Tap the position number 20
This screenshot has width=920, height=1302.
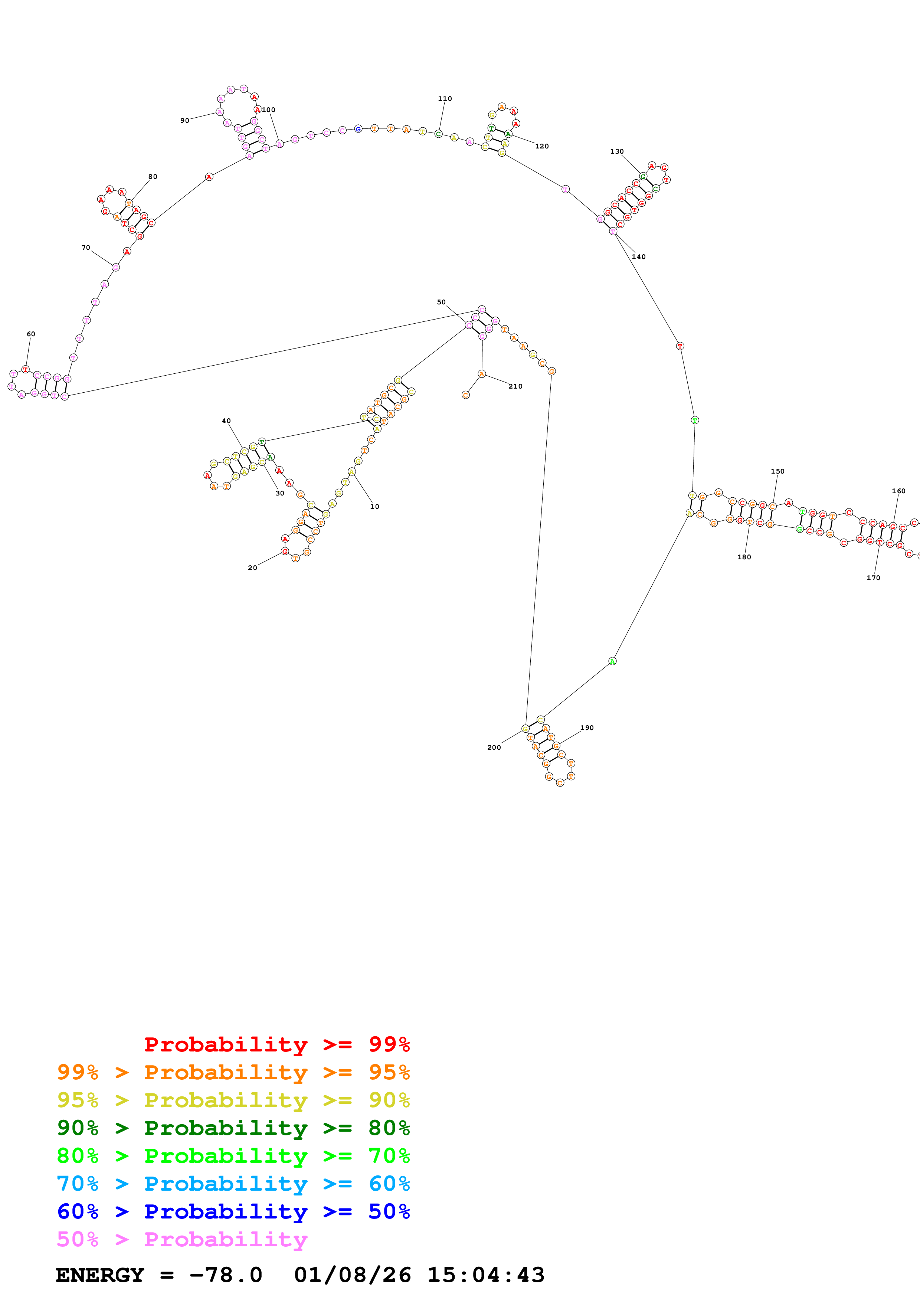pyautogui.click(x=252, y=567)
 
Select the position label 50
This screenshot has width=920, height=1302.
pyautogui.click(x=441, y=302)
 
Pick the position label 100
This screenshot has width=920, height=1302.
pyautogui.click(x=269, y=110)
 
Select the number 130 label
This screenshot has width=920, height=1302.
pyautogui.click(x=617, y=151)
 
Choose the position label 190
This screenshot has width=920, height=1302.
pyautogui.click(x=587, y=727)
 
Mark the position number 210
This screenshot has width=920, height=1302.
pyautogui.click(x=515, y=386)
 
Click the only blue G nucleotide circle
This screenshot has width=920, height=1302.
pyautogui.click(x=358, y=129)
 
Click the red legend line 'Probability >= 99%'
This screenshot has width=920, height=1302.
pyautogui.click(x=276, y=1044)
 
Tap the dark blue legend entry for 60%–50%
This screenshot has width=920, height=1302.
pyautogui.click(x=233, y=1211)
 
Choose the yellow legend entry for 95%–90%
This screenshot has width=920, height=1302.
pyautogui.click(x=233, y=1100)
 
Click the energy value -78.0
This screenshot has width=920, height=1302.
pyautogui.click(x=226, y=1275)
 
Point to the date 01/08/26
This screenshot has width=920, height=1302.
pyautogui.click(x=352, y=1275)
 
